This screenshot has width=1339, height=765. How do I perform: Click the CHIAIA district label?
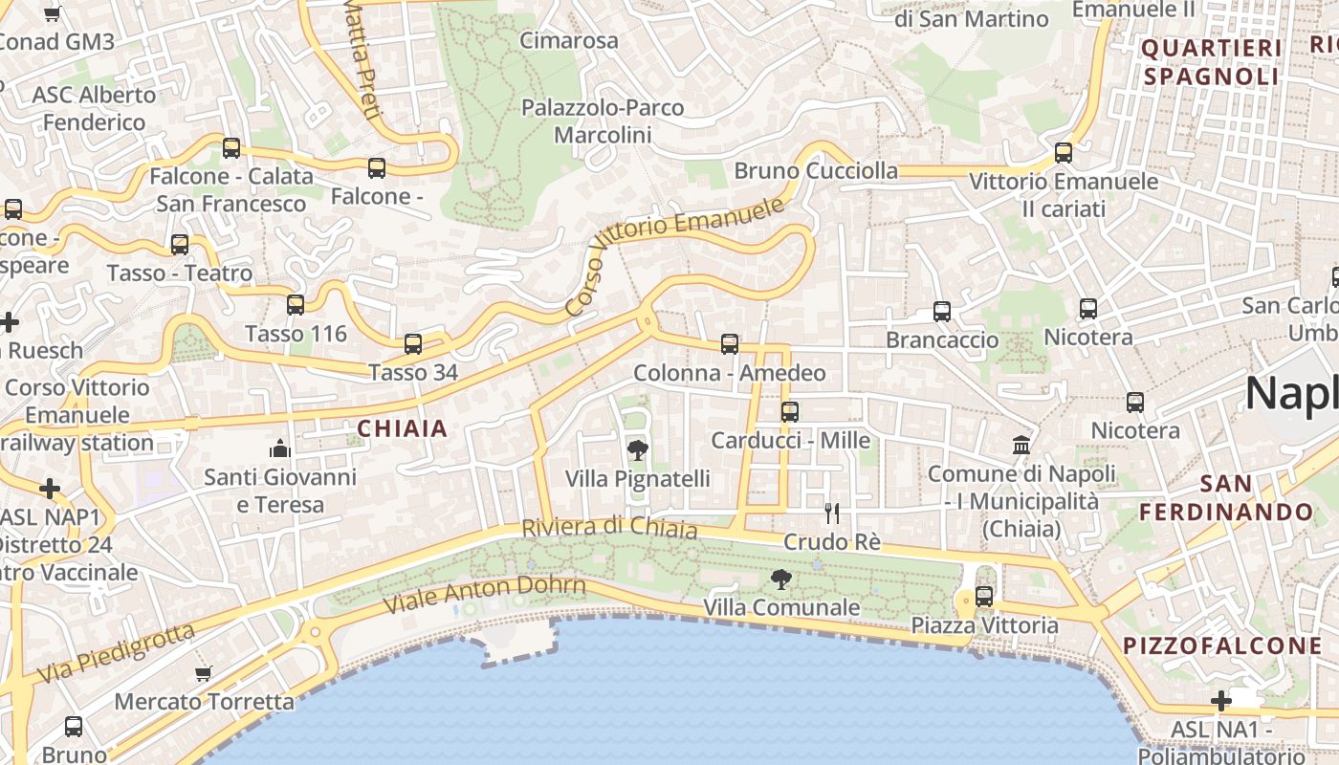click(x=402, y=428)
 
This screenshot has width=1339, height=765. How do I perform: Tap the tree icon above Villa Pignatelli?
click(x=636, y=449)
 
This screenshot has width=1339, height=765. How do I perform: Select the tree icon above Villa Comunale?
click(x=781, y=579)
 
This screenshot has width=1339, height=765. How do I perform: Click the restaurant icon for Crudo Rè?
click(x=832, y=514)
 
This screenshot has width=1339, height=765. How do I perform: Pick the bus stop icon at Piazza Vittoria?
click(x=983, y=597)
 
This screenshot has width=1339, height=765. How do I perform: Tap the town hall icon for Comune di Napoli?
click(x=1021, y=446)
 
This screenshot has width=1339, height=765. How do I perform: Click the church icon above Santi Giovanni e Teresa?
click(x=280, y=448)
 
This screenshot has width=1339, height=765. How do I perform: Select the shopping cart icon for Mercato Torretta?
click(x=203, y=673)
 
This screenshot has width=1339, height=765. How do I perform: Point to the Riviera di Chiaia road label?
click(x=609, y=527)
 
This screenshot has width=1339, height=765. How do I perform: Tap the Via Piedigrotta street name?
click(x=115, y=653)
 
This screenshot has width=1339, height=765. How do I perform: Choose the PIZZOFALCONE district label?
click(x=1222, y=645)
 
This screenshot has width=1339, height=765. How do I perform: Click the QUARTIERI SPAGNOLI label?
click(x=1212, y=62)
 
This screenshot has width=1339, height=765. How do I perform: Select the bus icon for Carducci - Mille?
click(x=789, y=412)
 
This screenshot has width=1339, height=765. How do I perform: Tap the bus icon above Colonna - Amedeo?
click(x=730, y=344)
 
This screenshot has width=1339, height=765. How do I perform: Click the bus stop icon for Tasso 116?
click(x=296, y=305)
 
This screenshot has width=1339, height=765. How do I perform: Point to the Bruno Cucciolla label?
click(x=816, y=171)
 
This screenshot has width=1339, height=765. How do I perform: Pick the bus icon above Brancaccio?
click(x=942, y=312)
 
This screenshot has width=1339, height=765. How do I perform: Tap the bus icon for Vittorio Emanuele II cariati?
click(x=1063, y=153)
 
